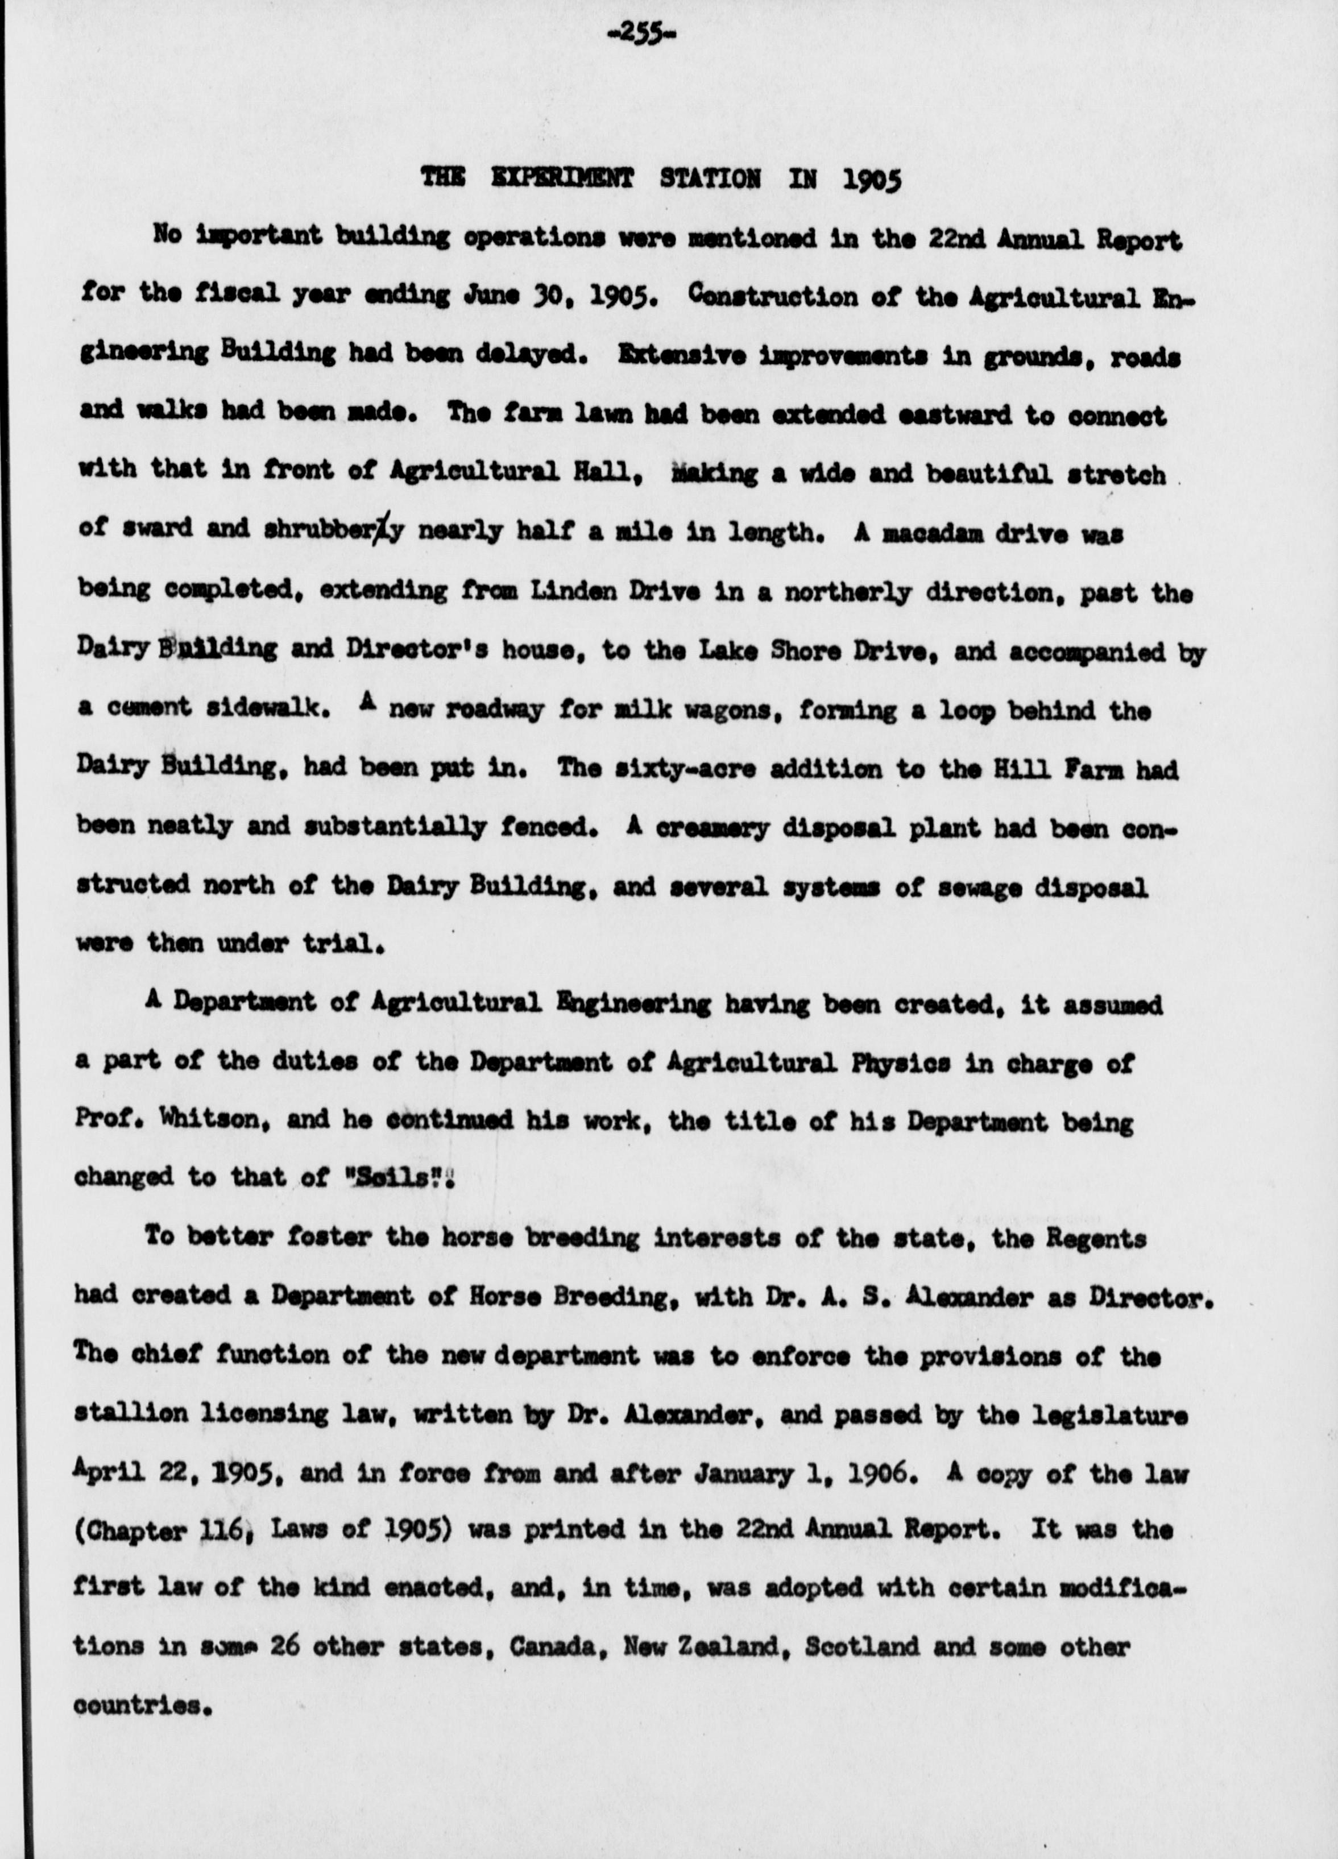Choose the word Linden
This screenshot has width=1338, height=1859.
[x=557, y=592]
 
